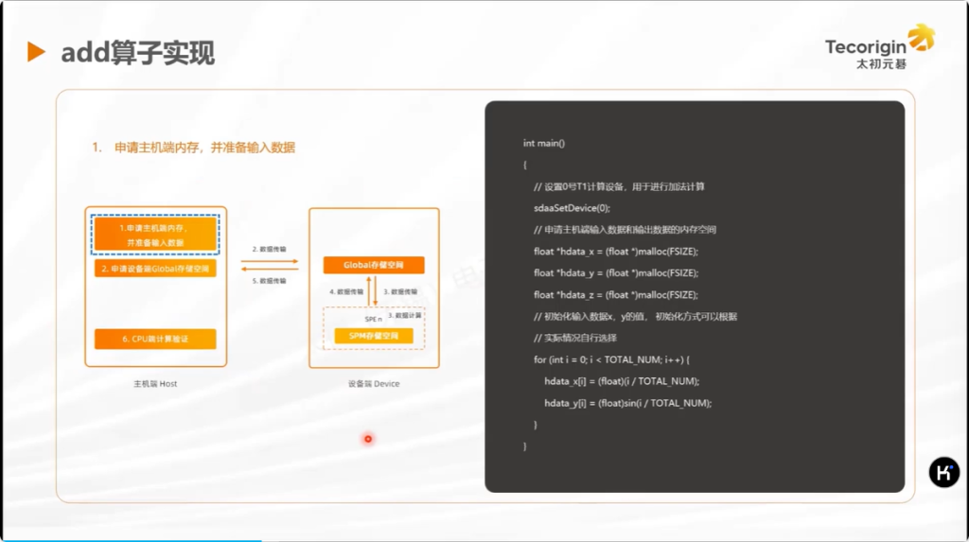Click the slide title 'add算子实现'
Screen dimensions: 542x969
[138, 53]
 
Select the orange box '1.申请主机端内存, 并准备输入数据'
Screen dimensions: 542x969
[155, 235]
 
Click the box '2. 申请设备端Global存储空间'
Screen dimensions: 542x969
[155, 269]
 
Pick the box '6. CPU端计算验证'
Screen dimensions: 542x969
[155, 339]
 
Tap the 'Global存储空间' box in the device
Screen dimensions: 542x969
[374, 265]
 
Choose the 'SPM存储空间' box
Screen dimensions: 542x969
[374, 336]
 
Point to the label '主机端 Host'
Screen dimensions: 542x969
[155, 384]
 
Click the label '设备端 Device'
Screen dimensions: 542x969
[374, 384]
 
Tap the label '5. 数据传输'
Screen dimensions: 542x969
[270, 281]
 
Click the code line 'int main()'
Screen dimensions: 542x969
[543, 143]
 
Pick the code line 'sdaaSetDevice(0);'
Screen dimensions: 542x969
[572, 208]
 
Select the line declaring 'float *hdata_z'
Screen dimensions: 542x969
[616, 294]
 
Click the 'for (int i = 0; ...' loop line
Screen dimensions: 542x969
[611, 359]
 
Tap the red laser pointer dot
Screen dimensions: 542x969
[368, 438]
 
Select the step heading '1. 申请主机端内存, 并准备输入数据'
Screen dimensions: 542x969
[194, 148]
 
